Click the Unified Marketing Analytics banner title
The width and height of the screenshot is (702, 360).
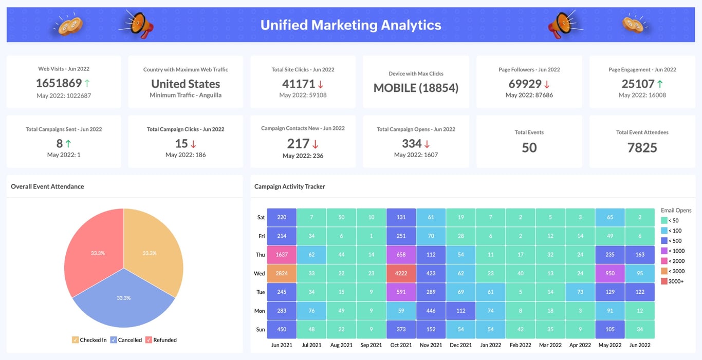click(350, 25)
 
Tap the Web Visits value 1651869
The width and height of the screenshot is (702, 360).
click(59, 83)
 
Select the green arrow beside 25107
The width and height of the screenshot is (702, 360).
click(660, 83)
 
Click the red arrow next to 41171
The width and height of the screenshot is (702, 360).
click(320, 84)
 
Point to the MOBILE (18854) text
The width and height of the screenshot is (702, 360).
click(416, 88)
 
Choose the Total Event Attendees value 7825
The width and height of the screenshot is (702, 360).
click(642, 148)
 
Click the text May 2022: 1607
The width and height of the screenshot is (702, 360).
click(416, 155)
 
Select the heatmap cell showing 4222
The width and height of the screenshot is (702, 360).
click(401, 273)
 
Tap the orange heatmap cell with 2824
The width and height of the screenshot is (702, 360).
click(282, 273)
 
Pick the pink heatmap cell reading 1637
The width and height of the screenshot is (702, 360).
click(282, 255)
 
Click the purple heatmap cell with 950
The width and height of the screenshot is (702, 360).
click(610, 273)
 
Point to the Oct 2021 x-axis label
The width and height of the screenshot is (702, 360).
click(401, 345)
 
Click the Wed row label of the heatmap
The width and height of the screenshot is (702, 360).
click(260, 274)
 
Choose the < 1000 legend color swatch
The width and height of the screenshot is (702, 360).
click(664, 251)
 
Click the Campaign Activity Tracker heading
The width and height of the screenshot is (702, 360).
click(289, 186)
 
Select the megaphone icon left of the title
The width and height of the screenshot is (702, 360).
click(139, 25)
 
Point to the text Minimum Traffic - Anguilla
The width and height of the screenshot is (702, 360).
click(186, 95)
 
